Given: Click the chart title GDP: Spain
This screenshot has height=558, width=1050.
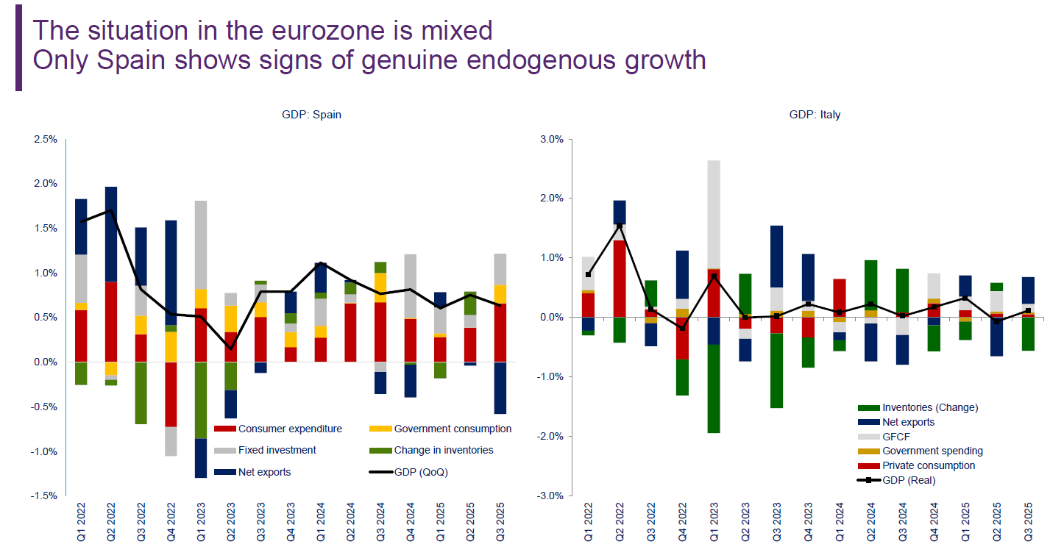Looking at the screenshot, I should point(311,115).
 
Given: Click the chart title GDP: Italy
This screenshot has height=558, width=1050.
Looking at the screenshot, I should point(815,115).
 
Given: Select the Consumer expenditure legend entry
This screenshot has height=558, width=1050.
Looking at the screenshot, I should point(289,429).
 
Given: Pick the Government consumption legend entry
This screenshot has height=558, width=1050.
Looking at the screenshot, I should point(453,429).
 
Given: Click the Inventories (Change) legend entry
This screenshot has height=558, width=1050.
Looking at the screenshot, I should point(929,407).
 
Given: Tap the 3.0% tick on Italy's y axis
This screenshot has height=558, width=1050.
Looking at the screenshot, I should point(551,139).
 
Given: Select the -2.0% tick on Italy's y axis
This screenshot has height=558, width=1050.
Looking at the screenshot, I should point(550,436).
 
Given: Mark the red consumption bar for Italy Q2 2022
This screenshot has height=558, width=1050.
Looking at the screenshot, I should point(620,279).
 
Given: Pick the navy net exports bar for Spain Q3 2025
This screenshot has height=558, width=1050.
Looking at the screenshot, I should point(500,387).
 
